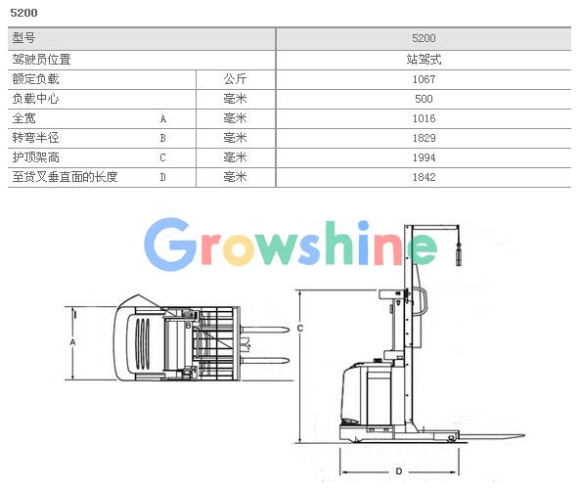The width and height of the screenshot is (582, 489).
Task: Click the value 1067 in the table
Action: pyautogui.click(x=424, y=79)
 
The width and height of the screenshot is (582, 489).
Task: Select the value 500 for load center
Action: pyautogui.click(x=424, y=99)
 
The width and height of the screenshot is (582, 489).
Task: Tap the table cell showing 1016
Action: pyautogui.click(x=424, y=118)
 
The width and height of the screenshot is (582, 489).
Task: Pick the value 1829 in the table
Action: pyautogui.click(x=424, y=138)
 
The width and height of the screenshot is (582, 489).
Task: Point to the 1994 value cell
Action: pyautogui.click(x=424, y=157)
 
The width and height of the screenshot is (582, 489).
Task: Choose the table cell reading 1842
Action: pyautogui.click(x=424, y=177)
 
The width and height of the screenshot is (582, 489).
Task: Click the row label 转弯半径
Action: pyautogui.click(x=35, y=138)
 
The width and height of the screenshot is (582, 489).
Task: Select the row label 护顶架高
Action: pyautogui.click(x=35, y=157)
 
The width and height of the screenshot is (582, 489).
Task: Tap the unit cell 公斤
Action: pyautogui.click(x=235, y=79)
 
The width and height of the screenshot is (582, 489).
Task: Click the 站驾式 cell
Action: pyautogui.click(x=424, y=60)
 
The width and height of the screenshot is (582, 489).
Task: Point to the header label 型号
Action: pyautogui.click(x=23, y=38)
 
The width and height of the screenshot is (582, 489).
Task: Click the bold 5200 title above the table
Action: pyautogui.click(x=23, y=13)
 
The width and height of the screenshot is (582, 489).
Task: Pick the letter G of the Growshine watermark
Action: pyautogui.click(x=171, y=244)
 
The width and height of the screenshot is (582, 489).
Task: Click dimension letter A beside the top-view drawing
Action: pyautogui.click(x=72, y=342)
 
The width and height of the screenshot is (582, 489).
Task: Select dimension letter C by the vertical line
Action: pyautogui.click(x=300, y=329)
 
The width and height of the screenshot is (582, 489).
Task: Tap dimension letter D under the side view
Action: pyautogui.click(x=399, y=471)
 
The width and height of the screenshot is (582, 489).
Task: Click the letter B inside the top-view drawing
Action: pyautogui.click(x=188, y=326)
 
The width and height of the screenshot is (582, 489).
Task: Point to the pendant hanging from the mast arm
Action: pyautogui.click(x=459, y=254)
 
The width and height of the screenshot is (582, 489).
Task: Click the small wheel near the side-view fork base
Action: pyautogui.click(x=451, y=438)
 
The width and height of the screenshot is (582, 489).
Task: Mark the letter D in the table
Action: pyautogui.click(x=163, y=177)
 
